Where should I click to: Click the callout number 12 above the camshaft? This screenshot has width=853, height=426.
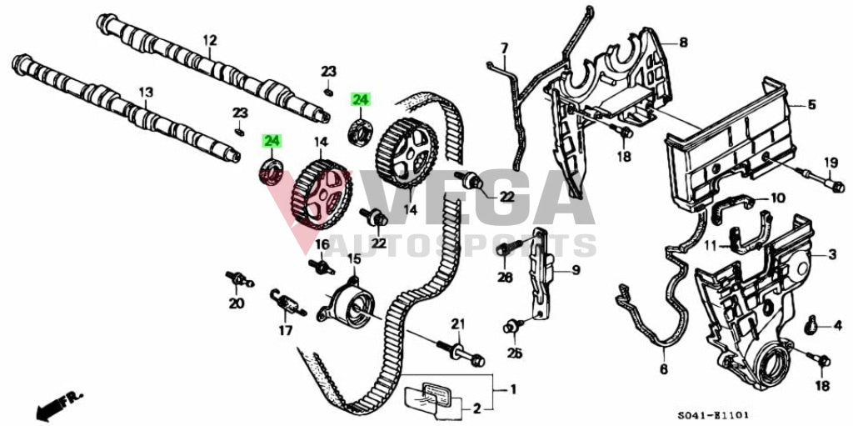click(209, 39)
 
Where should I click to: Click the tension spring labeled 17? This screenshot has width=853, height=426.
click(286, 302)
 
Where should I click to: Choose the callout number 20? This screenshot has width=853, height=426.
click(237, 303)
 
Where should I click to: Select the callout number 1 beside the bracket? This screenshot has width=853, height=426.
click(513, 389)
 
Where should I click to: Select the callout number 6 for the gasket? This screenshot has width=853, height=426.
click(664, 369)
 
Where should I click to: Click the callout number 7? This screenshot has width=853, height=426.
click(504, 47)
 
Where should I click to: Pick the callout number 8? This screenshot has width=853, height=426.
click(683, 42)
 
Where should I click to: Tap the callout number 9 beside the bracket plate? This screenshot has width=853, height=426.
click(574, 270)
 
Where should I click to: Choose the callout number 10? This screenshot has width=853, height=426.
click(777, 198)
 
